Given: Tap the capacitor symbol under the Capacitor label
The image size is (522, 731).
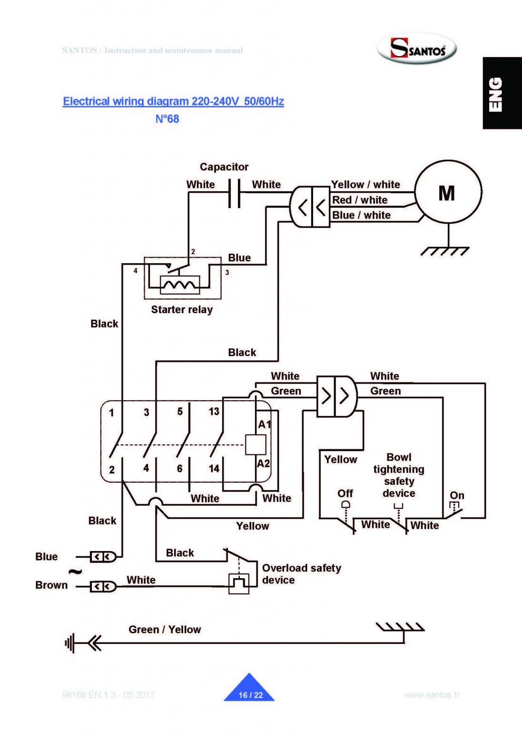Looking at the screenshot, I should click(x=234, y=193).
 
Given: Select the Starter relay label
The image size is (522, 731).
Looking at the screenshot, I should click(x=182, y=310).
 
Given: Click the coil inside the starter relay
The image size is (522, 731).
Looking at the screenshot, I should click(x=180, y=285).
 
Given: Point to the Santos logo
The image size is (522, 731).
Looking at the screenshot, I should click(x=417, y=49).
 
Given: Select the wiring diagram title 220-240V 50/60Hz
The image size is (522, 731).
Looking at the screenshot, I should click(x=173, y=101).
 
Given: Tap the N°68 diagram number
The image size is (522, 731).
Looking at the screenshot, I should click(x=167, y=119).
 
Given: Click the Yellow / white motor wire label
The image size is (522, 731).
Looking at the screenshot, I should click(x=365, y=185).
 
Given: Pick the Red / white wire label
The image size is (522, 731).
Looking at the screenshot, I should click(x=360, y=200).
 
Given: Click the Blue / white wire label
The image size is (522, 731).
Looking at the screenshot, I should click(x=361, y=215).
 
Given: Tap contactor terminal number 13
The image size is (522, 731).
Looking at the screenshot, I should click(x=214, y=411).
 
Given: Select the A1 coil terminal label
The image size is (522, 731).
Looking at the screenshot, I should click(x=264, y=425).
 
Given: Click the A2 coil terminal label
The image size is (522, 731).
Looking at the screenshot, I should click(x=263, y=464).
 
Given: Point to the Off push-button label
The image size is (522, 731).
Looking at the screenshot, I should click(x=345, y=494).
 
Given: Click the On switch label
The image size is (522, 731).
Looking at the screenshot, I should click(x=457, y=495).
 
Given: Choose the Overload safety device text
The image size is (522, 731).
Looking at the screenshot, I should click(x=301, y=574).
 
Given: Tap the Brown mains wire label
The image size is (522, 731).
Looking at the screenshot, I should click(x=51, y=585).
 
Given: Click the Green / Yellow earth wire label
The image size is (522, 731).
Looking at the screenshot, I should click(x=165, y=630).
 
